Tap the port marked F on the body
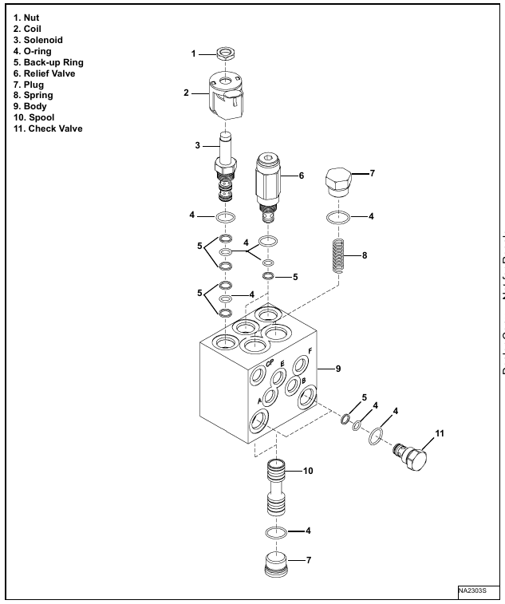click(x=300, y=365)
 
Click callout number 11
click(x=439, y=434)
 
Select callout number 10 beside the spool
click(x=308, y=470)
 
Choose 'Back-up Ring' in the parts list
click(x=43, y=61)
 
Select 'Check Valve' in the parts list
click(x=45, y=128)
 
